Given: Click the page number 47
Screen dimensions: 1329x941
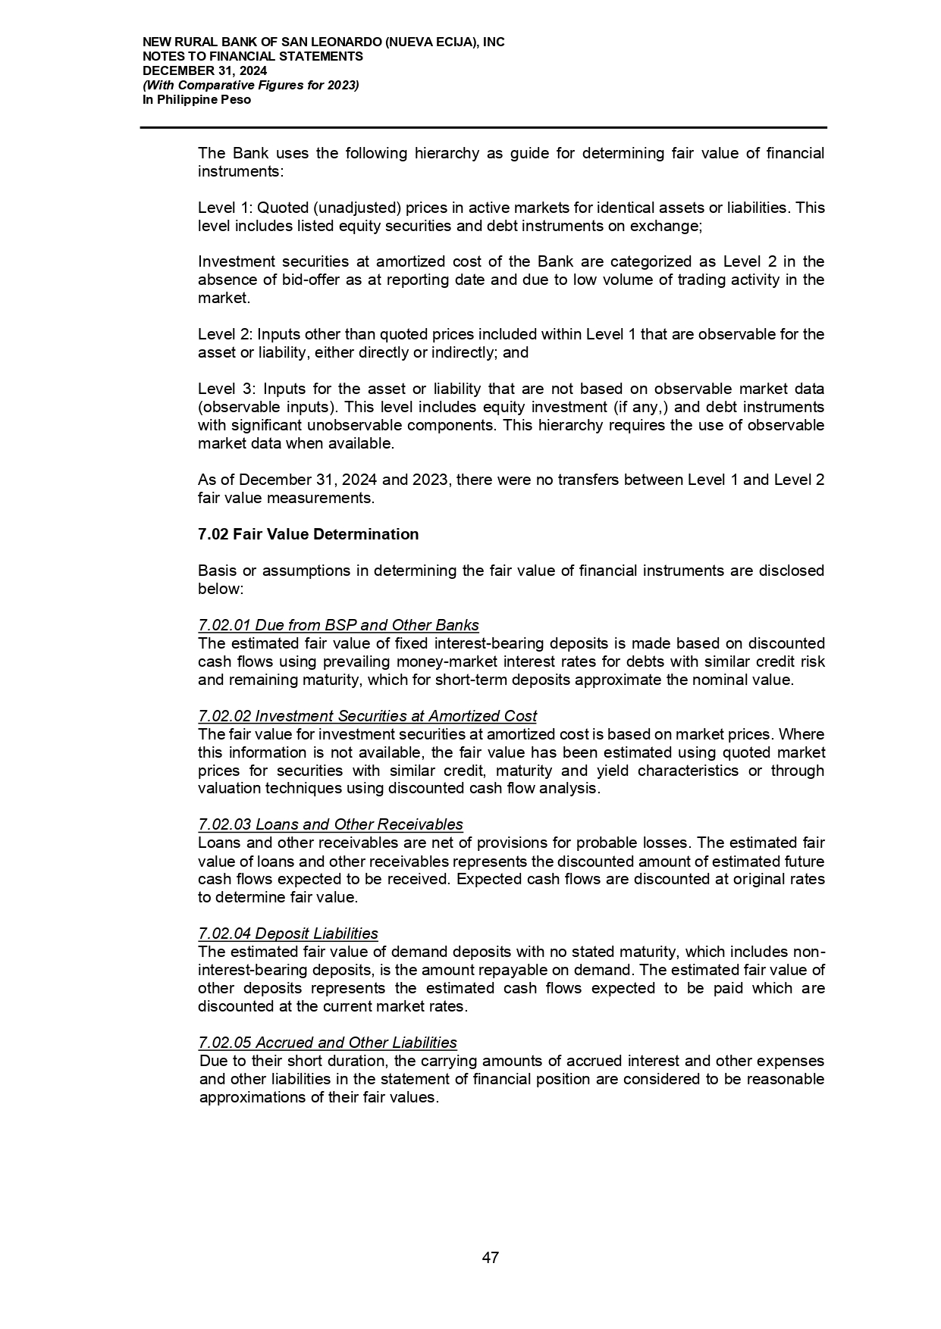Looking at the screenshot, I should (x=490, y=1258).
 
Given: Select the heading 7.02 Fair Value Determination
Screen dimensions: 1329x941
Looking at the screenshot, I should (x=308, y=534).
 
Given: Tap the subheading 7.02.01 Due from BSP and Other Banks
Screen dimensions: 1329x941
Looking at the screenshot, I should (x=338, y=625).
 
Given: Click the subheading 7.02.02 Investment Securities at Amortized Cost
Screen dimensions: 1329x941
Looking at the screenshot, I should (x=367, y=716).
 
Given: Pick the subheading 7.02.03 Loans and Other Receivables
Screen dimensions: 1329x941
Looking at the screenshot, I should (x=330, y=824).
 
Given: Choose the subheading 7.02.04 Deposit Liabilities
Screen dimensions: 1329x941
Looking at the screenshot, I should (x=287, y=933).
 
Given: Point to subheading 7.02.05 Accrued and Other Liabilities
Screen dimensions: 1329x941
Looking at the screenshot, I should (x=327, y=1043).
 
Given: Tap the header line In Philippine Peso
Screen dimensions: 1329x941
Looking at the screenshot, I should (x=196, y=99).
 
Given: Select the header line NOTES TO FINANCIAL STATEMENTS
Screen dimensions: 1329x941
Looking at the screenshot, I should (x=253, y=56).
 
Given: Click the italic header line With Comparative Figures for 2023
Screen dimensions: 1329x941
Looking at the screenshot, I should (x=251, y=85).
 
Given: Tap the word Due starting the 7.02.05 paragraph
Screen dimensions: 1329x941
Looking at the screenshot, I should (x=212, y=1062).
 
